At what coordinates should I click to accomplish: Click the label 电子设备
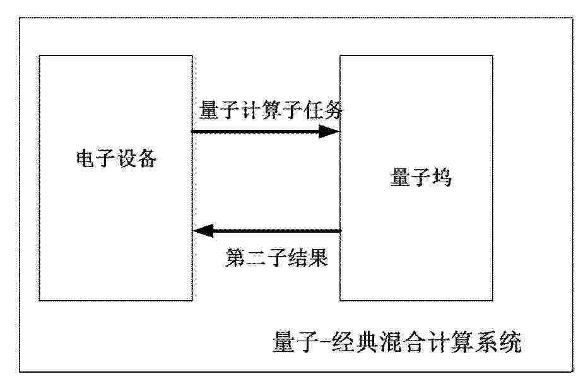click(116, 159)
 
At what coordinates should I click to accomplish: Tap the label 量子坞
click(421, 177)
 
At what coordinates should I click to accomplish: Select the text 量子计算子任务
click(271, 110)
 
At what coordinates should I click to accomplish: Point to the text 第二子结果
click(276, 257)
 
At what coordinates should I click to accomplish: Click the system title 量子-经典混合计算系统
click(397, 342)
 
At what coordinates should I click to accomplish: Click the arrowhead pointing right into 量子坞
click(330, 131)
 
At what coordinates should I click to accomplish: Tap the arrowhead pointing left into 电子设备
click(203, 231)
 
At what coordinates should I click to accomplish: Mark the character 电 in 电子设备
click(86, 159)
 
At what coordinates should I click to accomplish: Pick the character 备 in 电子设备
click(146, 159)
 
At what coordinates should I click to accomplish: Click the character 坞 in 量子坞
click(442, 177)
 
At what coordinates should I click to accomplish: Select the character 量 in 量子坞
click(400, 177)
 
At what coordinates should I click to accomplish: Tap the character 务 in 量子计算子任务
click(333, 110)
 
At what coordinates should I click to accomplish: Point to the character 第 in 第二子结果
click(235, 257)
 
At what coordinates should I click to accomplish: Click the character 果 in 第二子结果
click(318, 257)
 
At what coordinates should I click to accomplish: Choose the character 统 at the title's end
click(510, 342)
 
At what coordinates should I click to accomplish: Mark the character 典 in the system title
click(368, 342)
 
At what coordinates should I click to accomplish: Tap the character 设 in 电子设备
click(126, 159)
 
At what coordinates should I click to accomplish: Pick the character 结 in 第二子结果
click(297, 257)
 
